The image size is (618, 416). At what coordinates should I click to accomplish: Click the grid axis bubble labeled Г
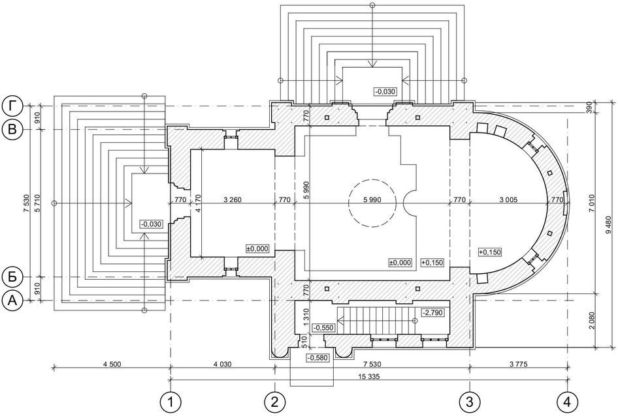tap(12, 106)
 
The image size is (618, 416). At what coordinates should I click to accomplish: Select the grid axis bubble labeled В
tap(12, 130)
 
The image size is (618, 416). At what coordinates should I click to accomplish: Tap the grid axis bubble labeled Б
tap(12, 277)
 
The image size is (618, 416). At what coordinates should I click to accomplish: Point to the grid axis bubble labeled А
tap(12, 301)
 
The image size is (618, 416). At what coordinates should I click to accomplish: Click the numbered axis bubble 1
tap(171, 402)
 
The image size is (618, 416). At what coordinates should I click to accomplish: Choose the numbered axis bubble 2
tap(275, 402)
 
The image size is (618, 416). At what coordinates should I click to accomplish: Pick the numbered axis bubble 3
tap(470, 402)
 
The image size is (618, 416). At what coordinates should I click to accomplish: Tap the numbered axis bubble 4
tap(568, 402)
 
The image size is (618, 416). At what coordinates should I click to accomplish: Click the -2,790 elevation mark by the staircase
tap(432, 313)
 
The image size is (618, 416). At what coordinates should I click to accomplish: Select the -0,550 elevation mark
tap(323, 327)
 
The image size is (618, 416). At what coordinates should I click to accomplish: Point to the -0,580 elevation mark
tap(317, 358)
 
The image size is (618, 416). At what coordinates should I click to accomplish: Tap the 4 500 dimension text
tap(112, 364)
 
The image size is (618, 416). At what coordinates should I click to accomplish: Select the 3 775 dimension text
tap(519, 364)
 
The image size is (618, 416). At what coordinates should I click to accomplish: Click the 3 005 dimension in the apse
tap(508, 200)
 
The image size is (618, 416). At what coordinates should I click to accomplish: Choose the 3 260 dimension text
tap(232, 200)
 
